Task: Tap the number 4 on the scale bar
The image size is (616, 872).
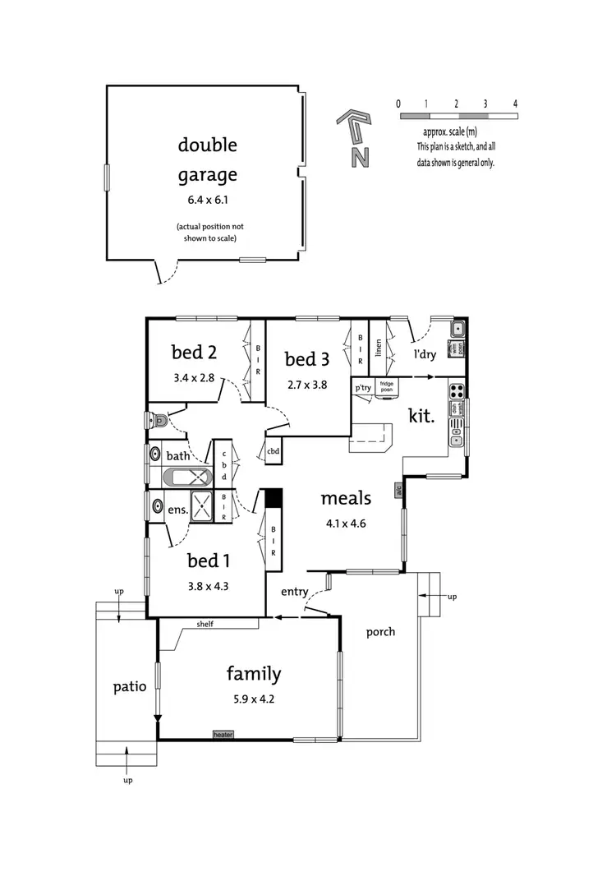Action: (x=515, y=104)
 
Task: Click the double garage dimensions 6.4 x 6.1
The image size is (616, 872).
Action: (x=207, y=199)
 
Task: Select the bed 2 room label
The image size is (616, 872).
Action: (x=194, y=353)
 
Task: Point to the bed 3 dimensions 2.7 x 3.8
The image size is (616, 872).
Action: (x=306, y=383)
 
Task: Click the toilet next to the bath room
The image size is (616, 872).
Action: (x=157, y=421)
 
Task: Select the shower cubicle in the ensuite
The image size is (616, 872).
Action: (x=201, y=503)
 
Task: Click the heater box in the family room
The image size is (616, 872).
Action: (x=223, y=734)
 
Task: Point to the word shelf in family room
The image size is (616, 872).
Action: (x=205, y=624)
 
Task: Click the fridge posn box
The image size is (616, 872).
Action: (x=387, y=386)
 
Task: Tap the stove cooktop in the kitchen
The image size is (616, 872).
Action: (x=457, y=390)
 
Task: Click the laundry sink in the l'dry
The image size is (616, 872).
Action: (x=457, y=330)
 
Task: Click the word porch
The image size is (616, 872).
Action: (x=380, y=631)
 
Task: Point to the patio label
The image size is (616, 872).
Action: (x=130, y=686)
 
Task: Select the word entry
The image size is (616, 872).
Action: (x=294, y=592)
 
